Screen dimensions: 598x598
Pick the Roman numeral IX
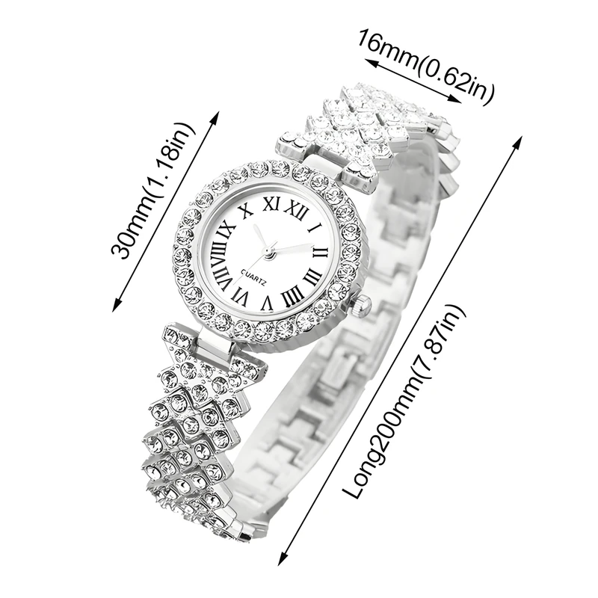226,232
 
